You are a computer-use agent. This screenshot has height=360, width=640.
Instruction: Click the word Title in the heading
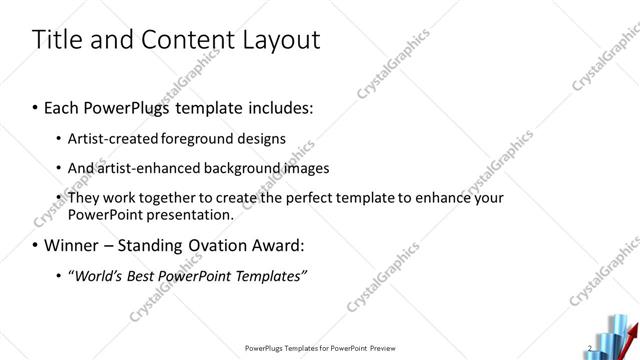(57, 40)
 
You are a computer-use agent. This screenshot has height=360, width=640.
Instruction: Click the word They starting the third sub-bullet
(85, 198)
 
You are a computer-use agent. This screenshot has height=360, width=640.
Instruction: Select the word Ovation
(223, 244)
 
